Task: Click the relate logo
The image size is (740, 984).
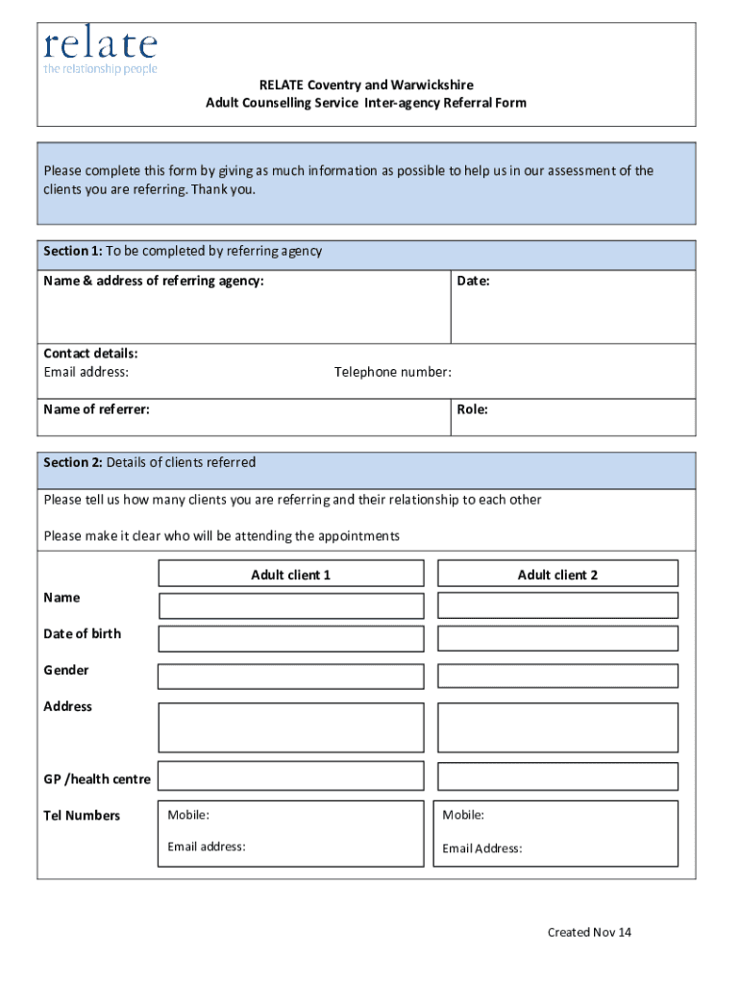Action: (100, 51)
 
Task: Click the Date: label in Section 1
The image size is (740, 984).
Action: (473, 281)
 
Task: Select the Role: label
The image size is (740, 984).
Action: (472, 409)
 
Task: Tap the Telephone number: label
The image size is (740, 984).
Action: (392, 372)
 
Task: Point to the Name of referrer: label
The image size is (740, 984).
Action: (96, 409)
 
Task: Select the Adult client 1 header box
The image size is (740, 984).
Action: (290, 575)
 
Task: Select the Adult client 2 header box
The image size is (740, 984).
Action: (557, 575)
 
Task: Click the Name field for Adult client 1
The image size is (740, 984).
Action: (290, 605)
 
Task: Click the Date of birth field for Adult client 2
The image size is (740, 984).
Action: (557, 639)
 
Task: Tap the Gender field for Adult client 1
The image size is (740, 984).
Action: (290, 676)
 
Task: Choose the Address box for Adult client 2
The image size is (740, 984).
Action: (557, 727)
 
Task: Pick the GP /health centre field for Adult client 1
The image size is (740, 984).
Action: (290, 776)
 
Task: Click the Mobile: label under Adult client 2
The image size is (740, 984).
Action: (463, 815)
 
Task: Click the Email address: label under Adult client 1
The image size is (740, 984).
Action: (207, 847)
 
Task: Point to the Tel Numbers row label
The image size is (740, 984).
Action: (82, 816)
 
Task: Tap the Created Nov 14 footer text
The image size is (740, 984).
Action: (589, 932)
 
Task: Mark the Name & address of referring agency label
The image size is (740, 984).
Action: (154, 281)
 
